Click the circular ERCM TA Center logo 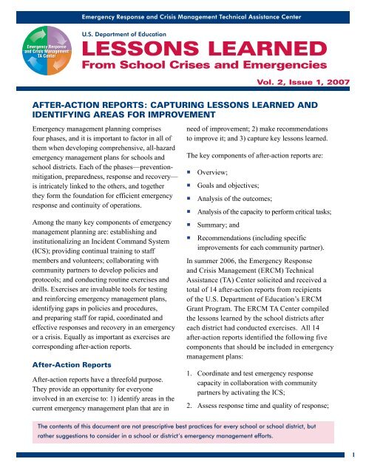tap(45, 55)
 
